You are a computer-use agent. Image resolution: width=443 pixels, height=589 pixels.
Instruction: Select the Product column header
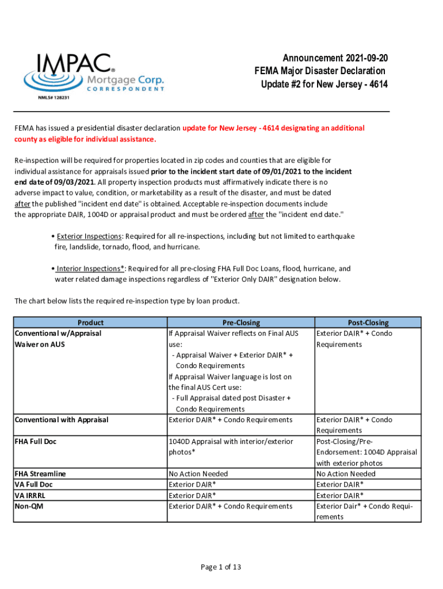tap(90, 323)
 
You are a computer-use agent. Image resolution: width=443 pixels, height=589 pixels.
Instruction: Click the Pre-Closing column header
tap(240, 323)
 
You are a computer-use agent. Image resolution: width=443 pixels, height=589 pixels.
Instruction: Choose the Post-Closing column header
tap(368, 323)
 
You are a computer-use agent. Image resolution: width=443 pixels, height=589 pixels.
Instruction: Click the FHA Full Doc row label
tap(36, 441)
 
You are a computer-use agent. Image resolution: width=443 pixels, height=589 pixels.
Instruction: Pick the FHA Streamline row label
tap(40, 473)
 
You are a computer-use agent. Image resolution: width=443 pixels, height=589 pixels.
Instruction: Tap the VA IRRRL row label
tap(31, 495)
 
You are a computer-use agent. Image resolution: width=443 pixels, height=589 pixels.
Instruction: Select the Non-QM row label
tap(29, 506)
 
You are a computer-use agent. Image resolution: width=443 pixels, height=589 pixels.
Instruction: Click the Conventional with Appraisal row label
tap(62, 419)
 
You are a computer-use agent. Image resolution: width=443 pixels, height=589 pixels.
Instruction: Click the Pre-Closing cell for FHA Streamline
tap(198, 473)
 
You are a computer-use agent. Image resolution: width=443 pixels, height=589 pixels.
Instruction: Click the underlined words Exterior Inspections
tap(89, 236)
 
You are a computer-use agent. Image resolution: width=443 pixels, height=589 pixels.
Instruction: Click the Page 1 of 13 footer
tap(221, 567)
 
